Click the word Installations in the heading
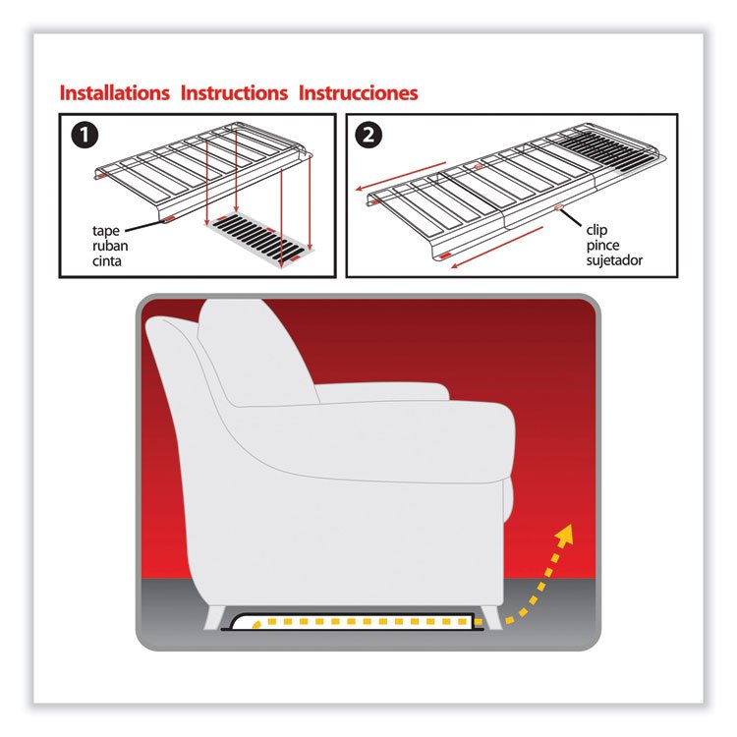(115, 93)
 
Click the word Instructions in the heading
(234, 93)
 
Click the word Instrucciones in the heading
(358, 93)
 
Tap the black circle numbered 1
(85, 136)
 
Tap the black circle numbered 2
(368, 136)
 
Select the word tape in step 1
(106, 231)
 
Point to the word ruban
(110, 246)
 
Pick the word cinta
(107, 260)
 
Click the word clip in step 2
(596, 230)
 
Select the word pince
(602, 246)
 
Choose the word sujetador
(614, 260)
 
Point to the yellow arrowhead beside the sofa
(564, 534)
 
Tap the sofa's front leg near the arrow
(489, 617)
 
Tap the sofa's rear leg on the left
(215, 618)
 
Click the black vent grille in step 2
(605, 148)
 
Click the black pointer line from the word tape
(144, 226)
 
